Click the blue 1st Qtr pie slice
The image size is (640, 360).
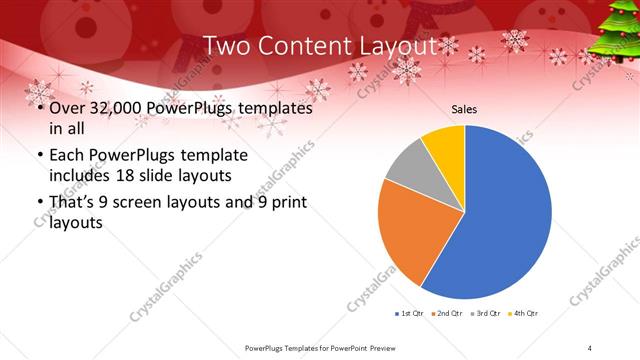point(510,220)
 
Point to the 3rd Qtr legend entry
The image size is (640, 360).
point(485,314)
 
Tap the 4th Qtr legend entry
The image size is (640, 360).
point(523,314)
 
